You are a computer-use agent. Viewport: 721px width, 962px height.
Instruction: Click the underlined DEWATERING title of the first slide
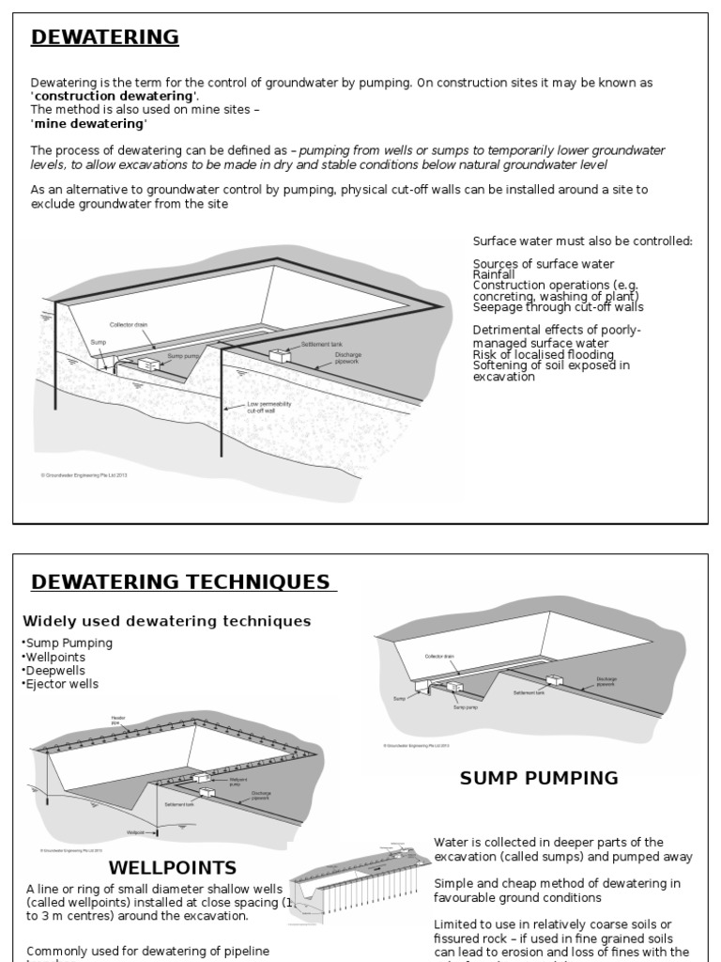pyautogui.click(x=104, y=38)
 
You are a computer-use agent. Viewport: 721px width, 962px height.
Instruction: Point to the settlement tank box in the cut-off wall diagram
pyautogui.click(x=278, y=356)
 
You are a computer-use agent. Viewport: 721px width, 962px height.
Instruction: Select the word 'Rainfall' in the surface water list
pyautogui.click(x=494, y=274)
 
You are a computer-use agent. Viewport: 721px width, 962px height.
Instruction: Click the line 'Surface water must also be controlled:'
pyautogui.click(x=582, y=241)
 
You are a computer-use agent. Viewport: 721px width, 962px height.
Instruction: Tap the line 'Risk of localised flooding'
pyautogui.click(x=544, y=355)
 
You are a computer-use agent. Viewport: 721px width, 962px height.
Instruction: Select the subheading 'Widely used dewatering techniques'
pyautogui.click(x=166, y=621)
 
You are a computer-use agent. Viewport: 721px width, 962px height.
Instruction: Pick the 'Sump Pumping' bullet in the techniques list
pyautogui.click(x=67, y=643)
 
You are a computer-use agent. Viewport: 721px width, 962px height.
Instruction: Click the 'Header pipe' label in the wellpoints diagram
pyautogui.click(x=118, y=721)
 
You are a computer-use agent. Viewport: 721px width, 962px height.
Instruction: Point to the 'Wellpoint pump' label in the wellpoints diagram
pyautogui.click(x=239, y=782)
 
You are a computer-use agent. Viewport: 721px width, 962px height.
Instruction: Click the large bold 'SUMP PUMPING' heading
pyautogui.click(x=539, y=778)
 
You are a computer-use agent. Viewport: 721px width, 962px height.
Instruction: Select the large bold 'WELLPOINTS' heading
pyautogui.click(x=173, y=867)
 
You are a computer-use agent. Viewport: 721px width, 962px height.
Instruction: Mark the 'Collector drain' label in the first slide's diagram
pyautogui.click(x=129, y=324)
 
